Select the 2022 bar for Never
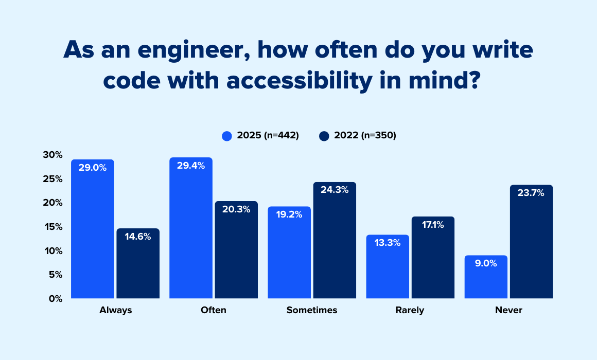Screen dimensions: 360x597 click(x=531, y=242)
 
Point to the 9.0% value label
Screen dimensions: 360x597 click(x=486, y=263)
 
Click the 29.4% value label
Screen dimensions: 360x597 click(x=191, y=166)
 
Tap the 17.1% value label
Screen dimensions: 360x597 click(x=433, y=225)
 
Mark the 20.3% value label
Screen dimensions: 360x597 click(x=236, y=209)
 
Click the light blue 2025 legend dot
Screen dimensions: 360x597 click(x=227, y=136)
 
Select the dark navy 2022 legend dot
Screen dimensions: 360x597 click(x=324, y=136)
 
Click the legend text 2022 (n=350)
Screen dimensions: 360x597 click(x=365, y=136)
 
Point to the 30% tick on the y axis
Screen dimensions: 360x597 click(x=52, y=155)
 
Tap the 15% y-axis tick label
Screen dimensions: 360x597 click(x=52, y=227)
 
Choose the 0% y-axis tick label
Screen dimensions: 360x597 click(x=55, y=298)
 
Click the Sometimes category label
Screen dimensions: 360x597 click(x=312, y=310)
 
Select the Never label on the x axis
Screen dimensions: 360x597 click(x=508, y=310)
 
